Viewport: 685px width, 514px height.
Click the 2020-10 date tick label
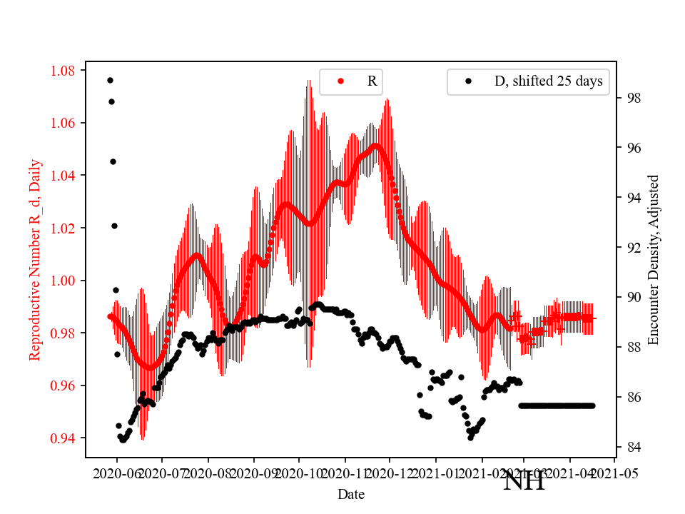pyautogui.click(x=299, y=473)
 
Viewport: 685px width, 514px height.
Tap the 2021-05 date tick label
pyautogui.click(x=615, y=473)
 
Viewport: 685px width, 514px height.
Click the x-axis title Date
pyautogui.click(x=352, y=493)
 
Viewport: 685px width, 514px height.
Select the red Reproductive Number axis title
pyautogui.click(x=35, y=260)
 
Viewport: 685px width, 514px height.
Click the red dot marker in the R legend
pyautogui.click(x=340, y=81)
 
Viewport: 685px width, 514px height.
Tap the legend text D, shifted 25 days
pyautogui.click(x=548, y=81)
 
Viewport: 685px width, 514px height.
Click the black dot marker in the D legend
pyautogui.click(x=468, y=81)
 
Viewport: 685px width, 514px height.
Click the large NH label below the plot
pyautogui.click(x=524, y=481)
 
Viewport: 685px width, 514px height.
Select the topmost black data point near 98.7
pyautogui.click(x=110, y=80)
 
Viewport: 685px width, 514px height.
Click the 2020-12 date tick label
pyautogui.click(x=390, y=473)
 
